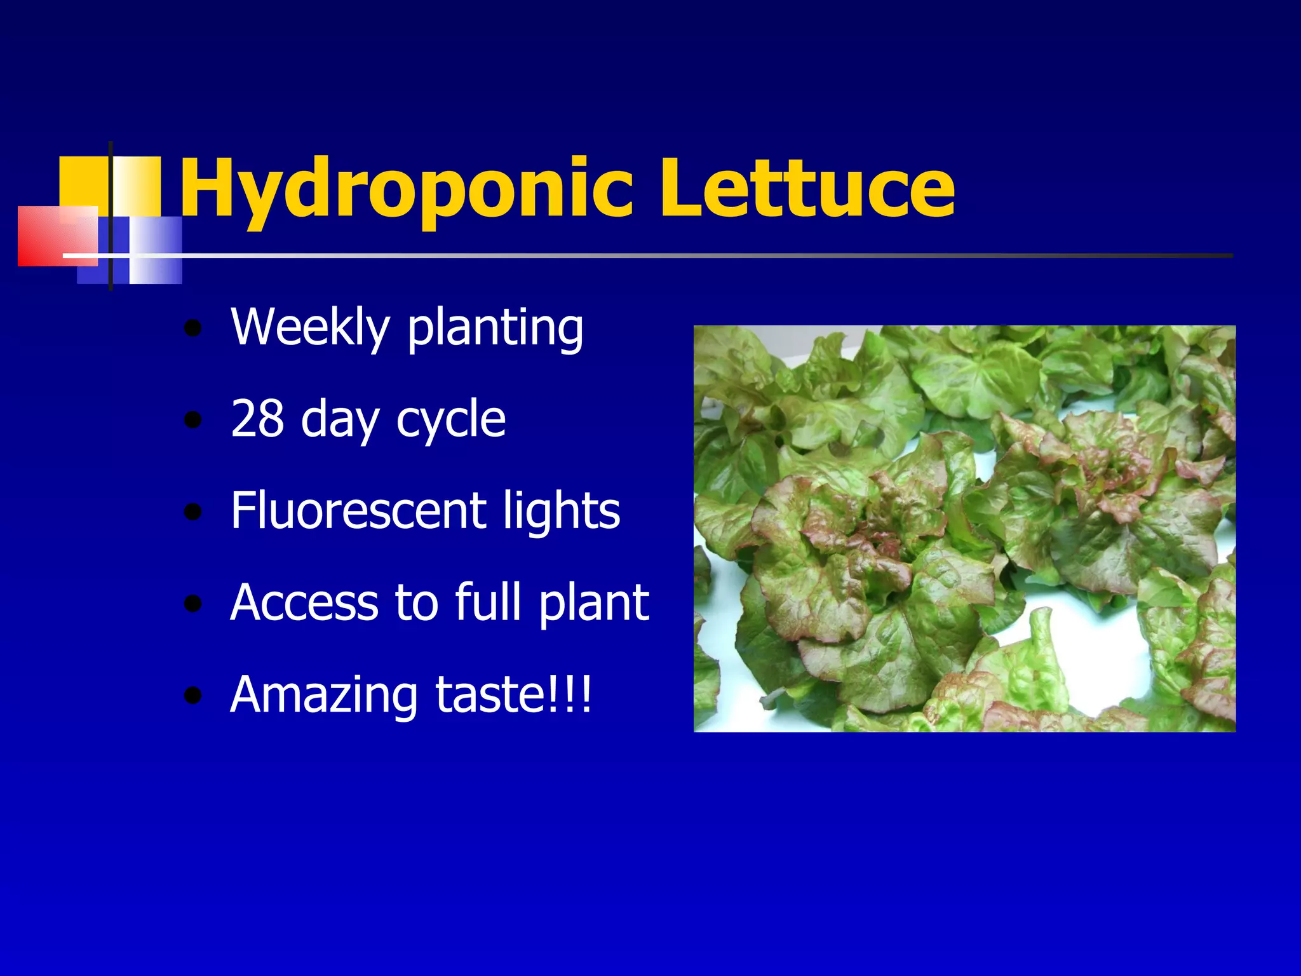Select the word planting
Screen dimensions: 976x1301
tap(495, 329)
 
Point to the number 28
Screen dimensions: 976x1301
tap(257, 419)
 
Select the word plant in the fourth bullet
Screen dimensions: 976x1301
tap(594, 604)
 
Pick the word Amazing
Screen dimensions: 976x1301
tap(324, 695)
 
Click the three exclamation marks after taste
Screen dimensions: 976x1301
tap(575, 694)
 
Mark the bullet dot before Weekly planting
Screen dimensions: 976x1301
tap(192, 329)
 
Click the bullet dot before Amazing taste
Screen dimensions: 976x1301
tap(192, 696)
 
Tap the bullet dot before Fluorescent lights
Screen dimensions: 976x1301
tap(192, 512)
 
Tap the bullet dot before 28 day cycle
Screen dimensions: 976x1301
tap(192, 421)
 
